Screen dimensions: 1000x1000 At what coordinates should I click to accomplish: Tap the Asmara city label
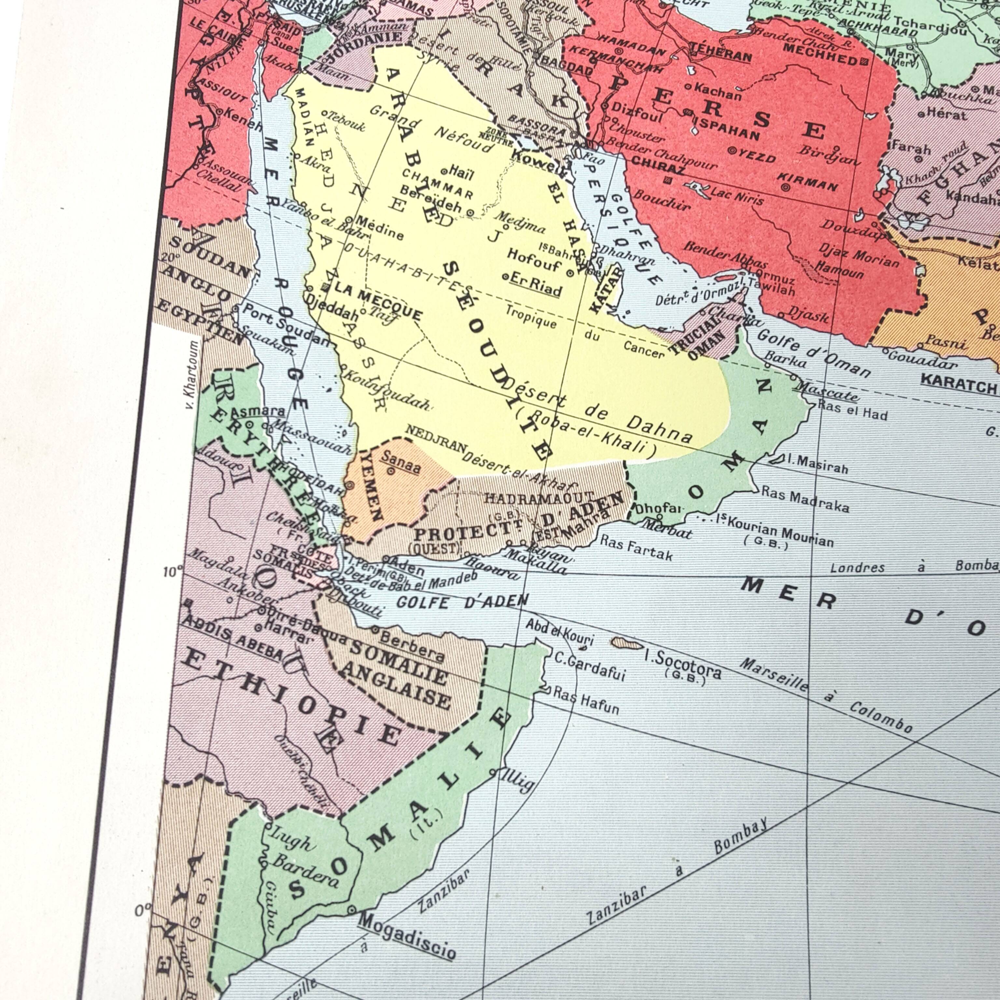pyautogui.click(x=257, y=412)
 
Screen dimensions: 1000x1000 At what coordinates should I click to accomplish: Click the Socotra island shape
pyautogui.click(x=627, y=643)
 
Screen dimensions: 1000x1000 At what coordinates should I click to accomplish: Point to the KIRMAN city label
pyautogui.click(x=807, y=181)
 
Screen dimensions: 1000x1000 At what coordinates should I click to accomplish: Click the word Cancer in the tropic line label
pyautogui.click(x=643, y=349)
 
